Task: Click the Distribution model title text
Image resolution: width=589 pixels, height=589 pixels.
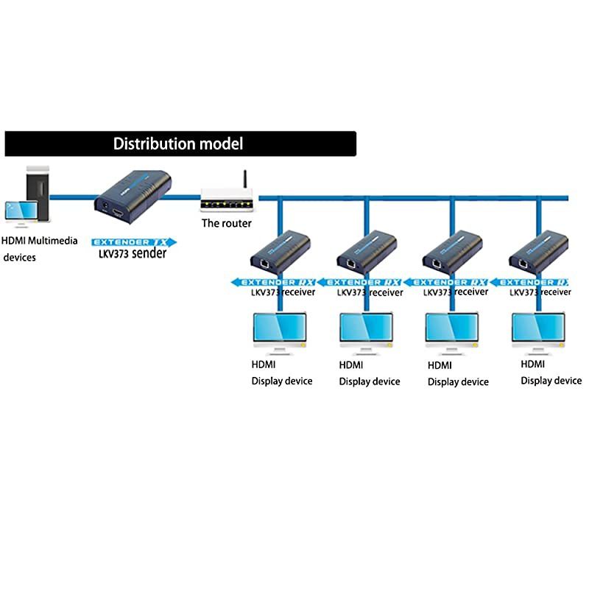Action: [x=177, y=144]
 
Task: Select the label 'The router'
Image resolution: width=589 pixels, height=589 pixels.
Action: [x=227, y=223]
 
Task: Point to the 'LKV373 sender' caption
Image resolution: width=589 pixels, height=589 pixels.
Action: [x=133, y=254]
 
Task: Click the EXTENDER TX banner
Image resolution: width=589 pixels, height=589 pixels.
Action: [x=134, y=241]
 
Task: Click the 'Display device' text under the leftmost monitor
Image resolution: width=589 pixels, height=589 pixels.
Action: [x=282, y=381]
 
